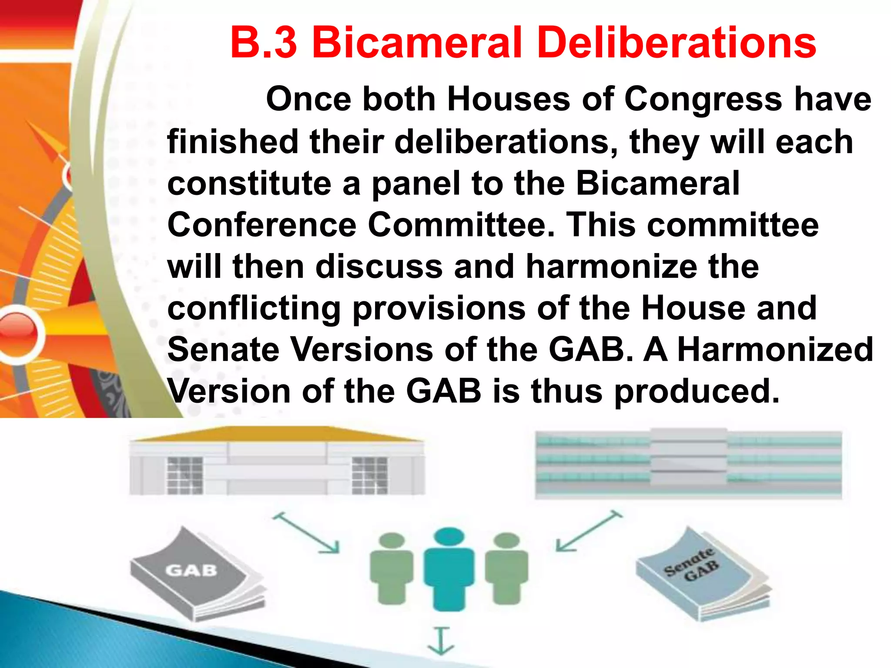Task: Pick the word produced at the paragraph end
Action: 697,391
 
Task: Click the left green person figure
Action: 391,568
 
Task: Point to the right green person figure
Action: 506,568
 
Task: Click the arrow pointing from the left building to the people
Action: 306,533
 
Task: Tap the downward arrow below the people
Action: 441,641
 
